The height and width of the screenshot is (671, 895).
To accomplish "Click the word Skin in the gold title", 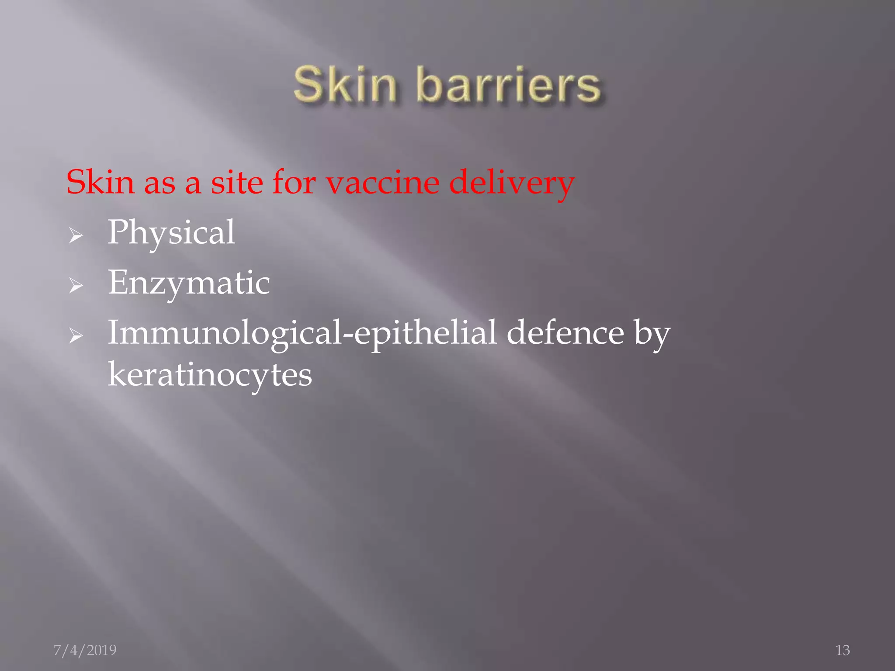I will [345, 84].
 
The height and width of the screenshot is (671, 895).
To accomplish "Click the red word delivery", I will [511, 183].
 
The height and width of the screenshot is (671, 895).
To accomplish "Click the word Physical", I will [171, 233].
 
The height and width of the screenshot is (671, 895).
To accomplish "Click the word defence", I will [565, 333].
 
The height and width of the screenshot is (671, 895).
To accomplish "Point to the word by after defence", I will [652, 335].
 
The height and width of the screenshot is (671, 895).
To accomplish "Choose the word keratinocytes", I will [210, 375].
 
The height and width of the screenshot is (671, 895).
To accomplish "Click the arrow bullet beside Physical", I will [76, 236].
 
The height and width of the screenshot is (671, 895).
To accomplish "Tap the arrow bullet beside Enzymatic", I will [76, 286].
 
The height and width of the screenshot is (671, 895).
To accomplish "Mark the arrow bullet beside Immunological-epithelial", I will [76, 336].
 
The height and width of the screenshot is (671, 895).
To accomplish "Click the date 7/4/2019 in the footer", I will [85, 650].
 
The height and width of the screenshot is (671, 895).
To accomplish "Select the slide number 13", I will [843, 650].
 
